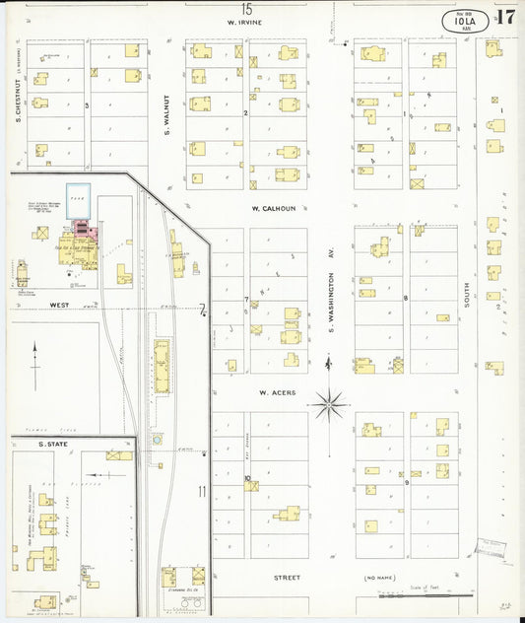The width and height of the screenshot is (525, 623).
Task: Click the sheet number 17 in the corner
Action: tap(506, 18)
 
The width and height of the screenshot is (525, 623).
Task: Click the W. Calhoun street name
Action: tap(268, 209)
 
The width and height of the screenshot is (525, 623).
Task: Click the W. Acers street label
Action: tap(278, 392)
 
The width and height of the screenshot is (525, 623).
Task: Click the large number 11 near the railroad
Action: tap(202, 490)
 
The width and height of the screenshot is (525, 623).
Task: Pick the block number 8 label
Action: tap(405, 298)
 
